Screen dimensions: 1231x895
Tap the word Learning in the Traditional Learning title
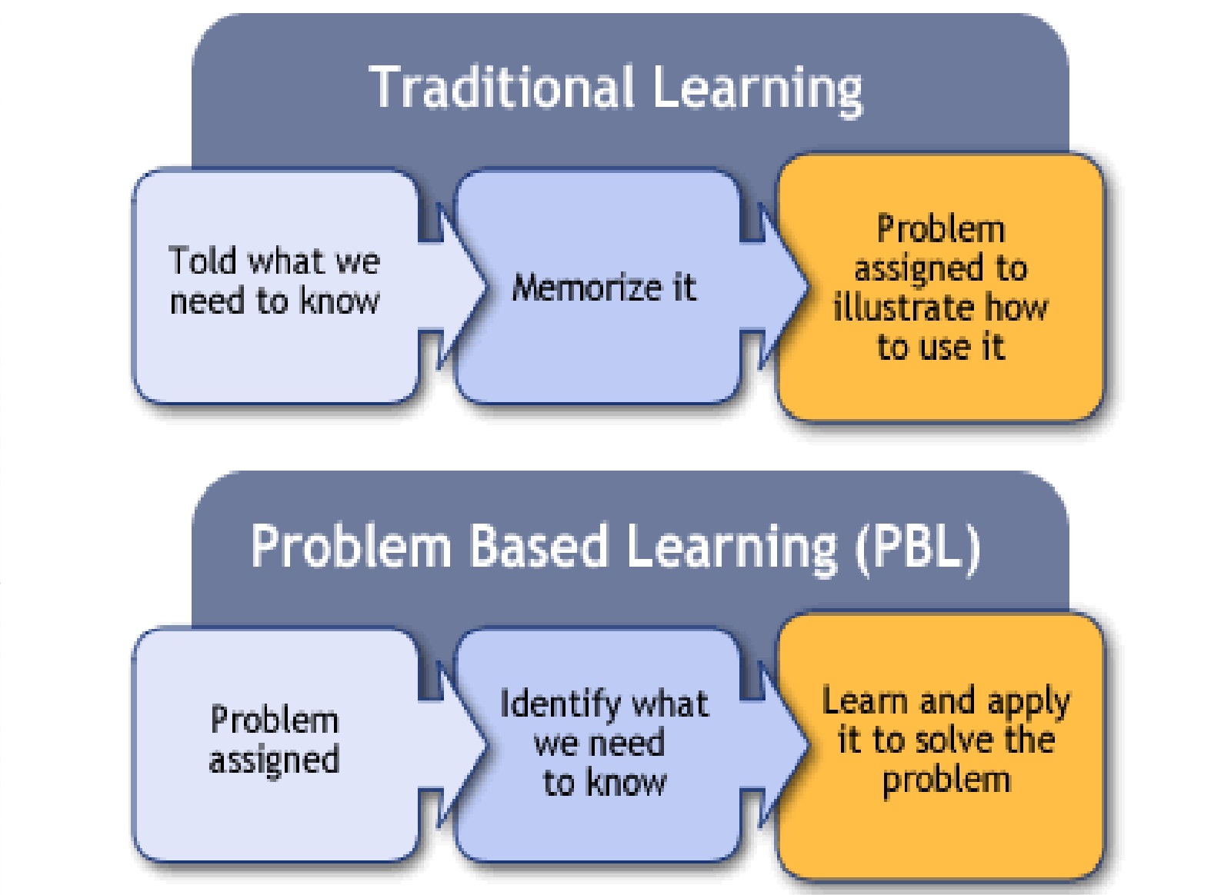(757, 89)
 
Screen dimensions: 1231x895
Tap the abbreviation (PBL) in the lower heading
(918, 546)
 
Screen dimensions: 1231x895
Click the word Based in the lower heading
(538, 546)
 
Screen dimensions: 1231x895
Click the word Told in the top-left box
(202, 261)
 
